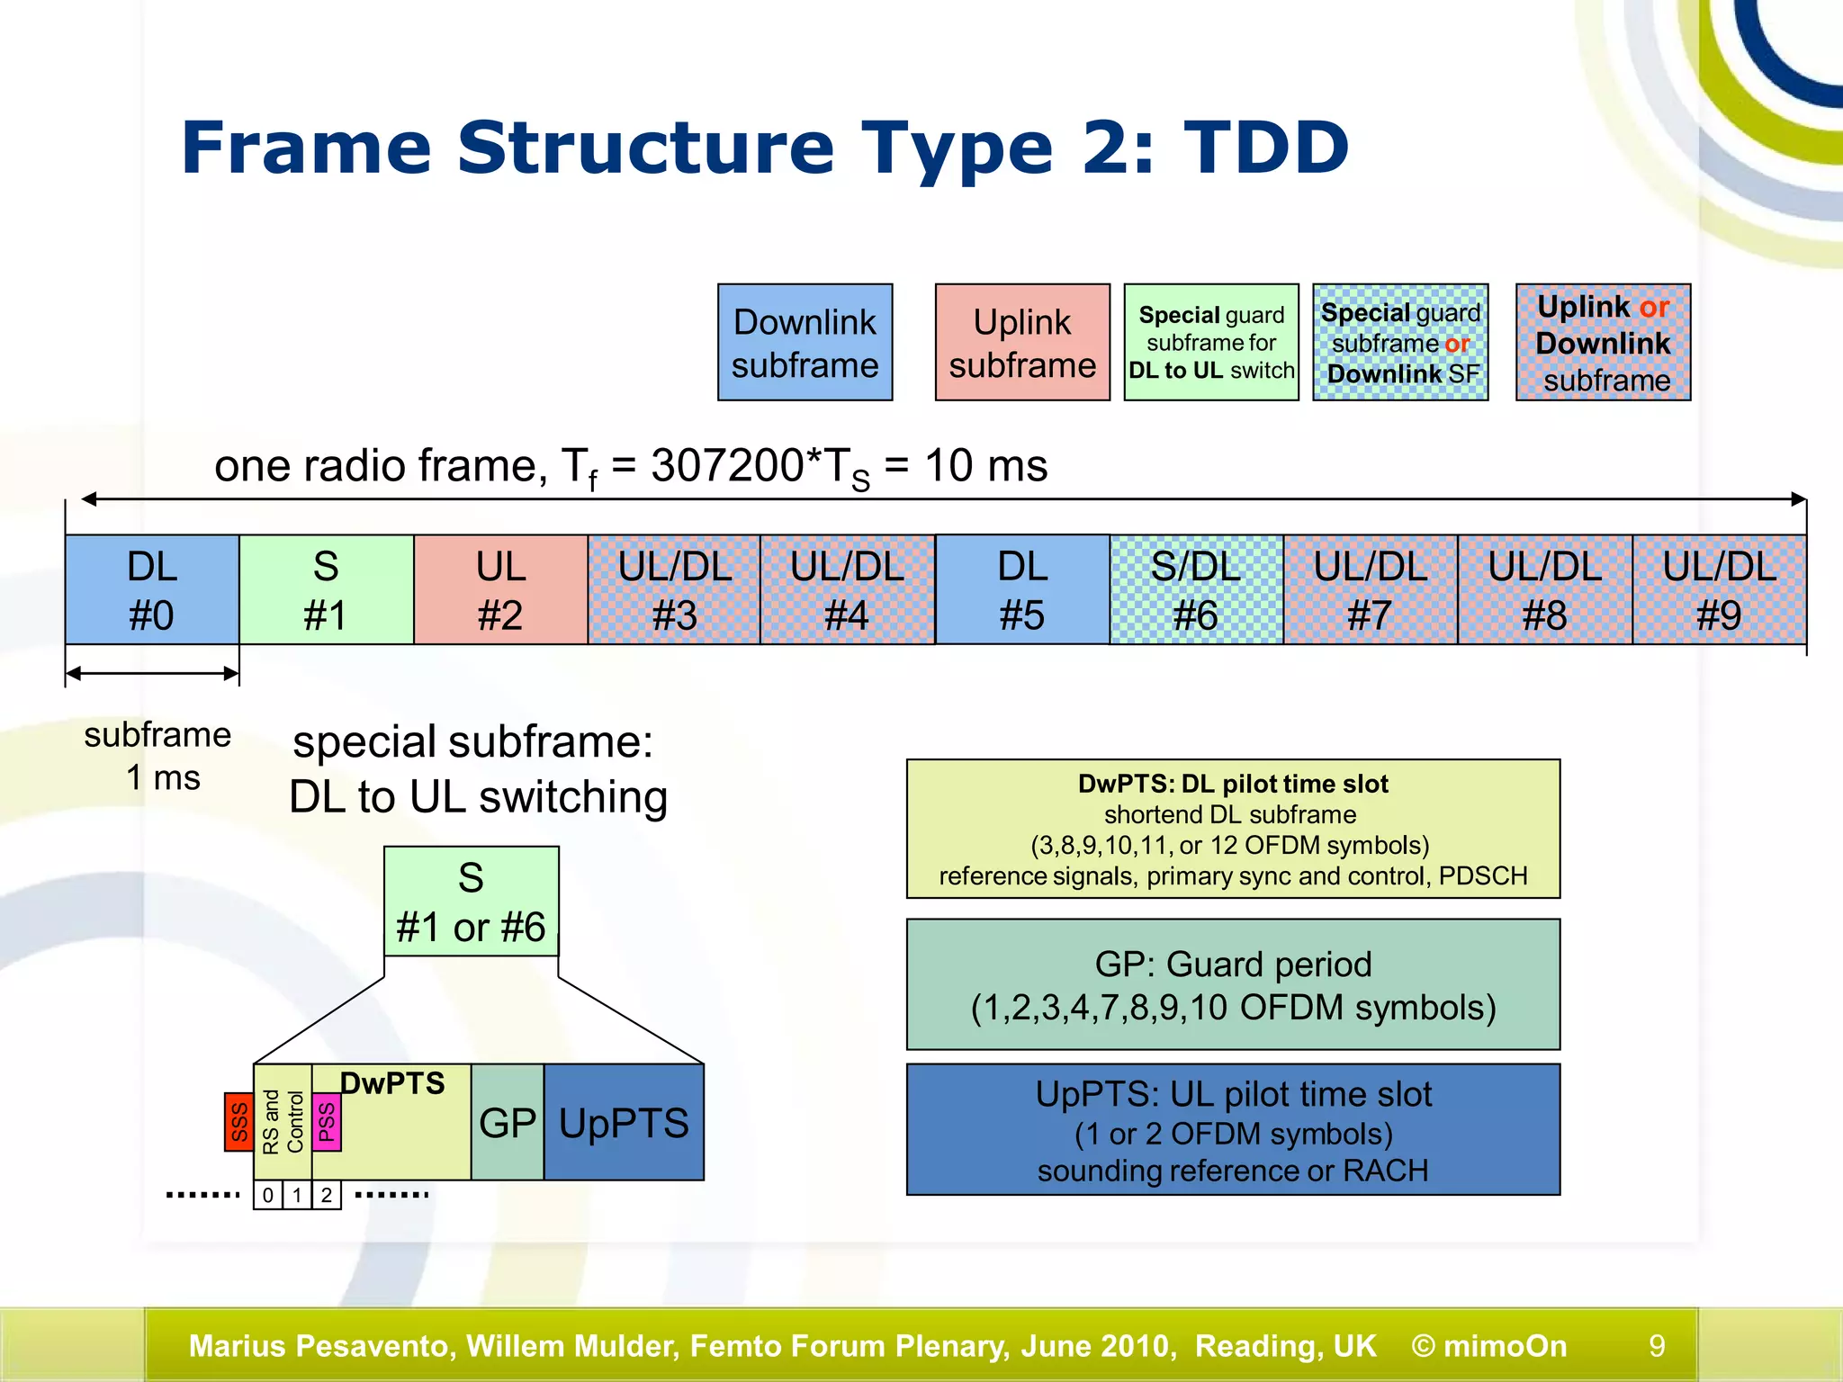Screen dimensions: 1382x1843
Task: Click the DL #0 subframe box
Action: pyautogui.click(x=152, y=590)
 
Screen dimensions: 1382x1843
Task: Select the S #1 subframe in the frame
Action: pyautogui.click(x=326, y=590)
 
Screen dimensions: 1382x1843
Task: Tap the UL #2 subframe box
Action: pyautogui.click(x=500, y=590)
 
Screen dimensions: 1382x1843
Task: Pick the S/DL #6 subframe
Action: pyautogui.click(x=1196, y=590)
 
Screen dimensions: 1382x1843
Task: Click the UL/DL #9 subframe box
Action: pyautogui.click(x=1719, y=590)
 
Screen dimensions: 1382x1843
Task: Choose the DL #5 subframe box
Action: pyautogui.click(x=1022, y=590)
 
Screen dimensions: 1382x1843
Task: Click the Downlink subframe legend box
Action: pyautogui.click(x=805, y=343)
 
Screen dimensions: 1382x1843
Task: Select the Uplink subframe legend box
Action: pyautogui.click(x=1022, y=343)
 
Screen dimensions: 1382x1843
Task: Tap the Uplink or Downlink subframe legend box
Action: pyautogui.click(x=1603, y=343)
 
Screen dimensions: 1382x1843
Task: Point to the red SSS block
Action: pyautogui.click(x=238, y=1122)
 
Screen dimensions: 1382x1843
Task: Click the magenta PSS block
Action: pyautogui.click(x=326, y=1121)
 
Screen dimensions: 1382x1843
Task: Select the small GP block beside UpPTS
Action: pyautogui.click(x=508, y=1123)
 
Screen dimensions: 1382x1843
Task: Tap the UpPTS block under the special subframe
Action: pyautogui.click(x=624, y=1123)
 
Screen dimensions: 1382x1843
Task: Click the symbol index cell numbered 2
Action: pyautogui.click(x=327, y=1196)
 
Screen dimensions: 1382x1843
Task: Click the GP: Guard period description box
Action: pyautogui.click(x=1233, y=984)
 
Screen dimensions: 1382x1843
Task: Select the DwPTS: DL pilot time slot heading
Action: pyautogui.click(x=1233, y=784)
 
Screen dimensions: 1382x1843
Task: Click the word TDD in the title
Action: pyautogui.click(x=1266, y=148)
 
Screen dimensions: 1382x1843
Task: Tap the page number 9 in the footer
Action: pyautogui.click(x=1657, y=1346)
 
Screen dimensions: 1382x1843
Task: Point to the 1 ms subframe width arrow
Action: pyautogui.click(x=152, y=673)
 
